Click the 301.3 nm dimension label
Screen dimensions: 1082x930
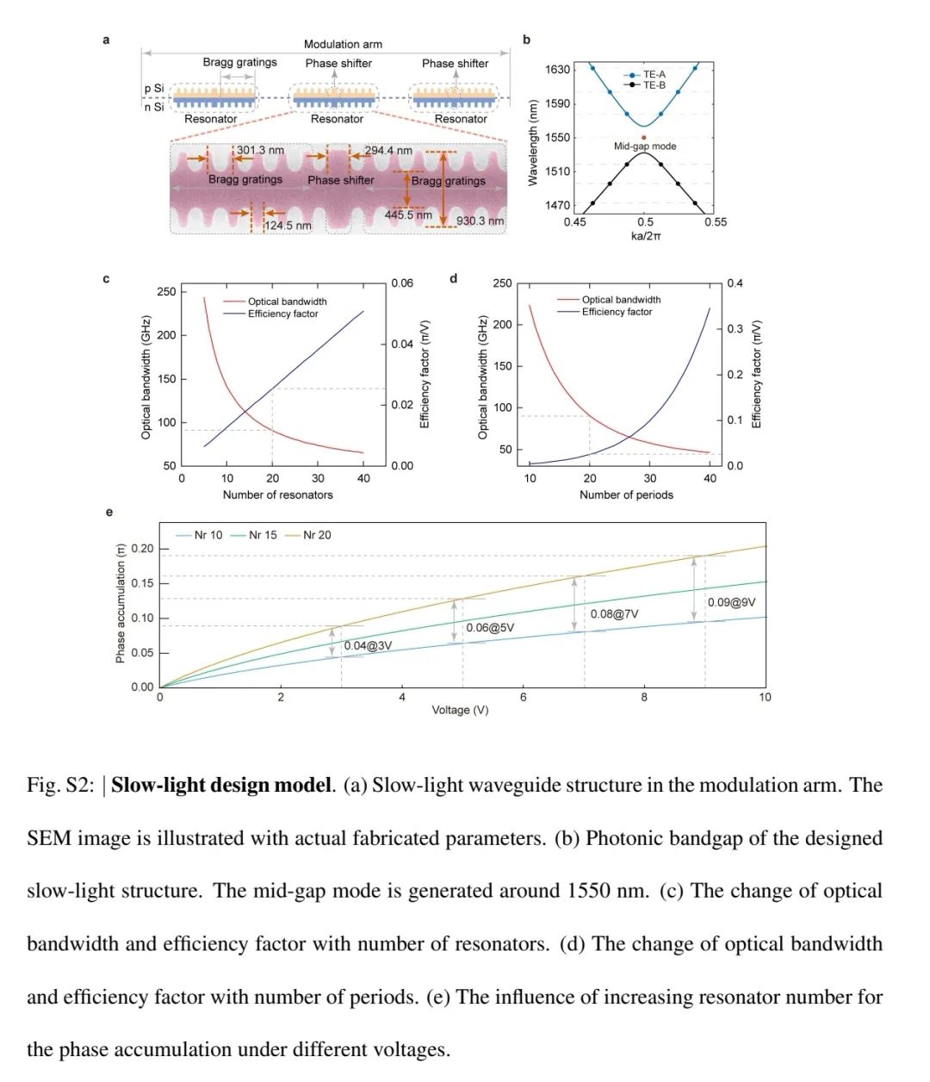pyautogui.click(x=260, y=151)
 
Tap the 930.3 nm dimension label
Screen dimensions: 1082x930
pyautogui.click(x=480, y=221)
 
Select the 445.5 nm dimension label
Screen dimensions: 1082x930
pyautogui.click(x=408, y=215)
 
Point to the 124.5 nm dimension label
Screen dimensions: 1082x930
pyautogui.click(x=288, y=226)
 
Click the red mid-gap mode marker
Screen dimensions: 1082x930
pyautogui.click(x=644, y=137)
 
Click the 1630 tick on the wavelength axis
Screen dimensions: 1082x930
pyautogui.click(x=557, y=69)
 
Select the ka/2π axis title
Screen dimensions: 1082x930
pyautogui.click(x=646, y=236)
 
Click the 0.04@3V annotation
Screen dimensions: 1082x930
pyautogui.click(x=368, y=646)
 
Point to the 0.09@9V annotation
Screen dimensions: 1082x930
pyautogui.click(x=731, y=602)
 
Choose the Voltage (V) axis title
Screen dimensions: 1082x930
pyautogui.click(x=460, y=710)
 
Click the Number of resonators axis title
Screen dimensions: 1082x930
pyautogui.click(x=277, y=494)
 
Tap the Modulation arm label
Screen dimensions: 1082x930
pyautogui.click(x=343, y=44)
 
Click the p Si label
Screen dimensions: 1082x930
pyautogui.click(x=154, y=89)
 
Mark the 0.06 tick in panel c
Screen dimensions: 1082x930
pyautogui.click(x=402, y=283)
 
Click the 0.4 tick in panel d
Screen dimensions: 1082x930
pyautogui.click(x=735, y=283)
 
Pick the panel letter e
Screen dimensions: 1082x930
pyautogui.click(x=108, y=513)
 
